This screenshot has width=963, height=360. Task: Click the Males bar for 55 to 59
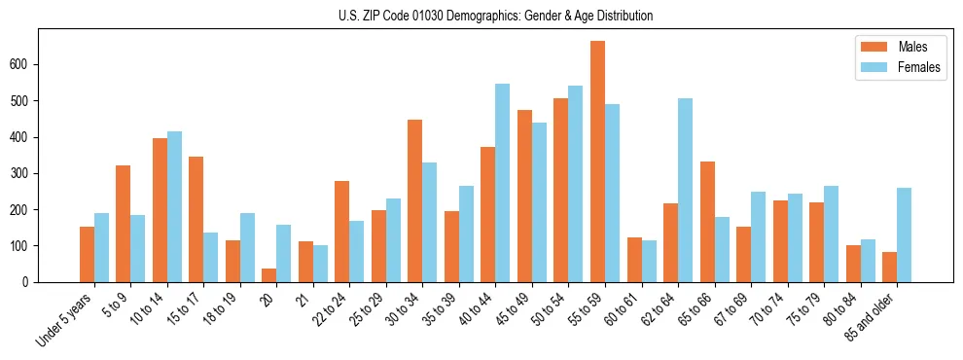pyautogui.click(x=597, y=162)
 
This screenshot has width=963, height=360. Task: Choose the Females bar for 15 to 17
pyautogui.click(x=211, y=257)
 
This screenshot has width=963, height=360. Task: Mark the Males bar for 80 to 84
pyautogui.click(x=853, y=264)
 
